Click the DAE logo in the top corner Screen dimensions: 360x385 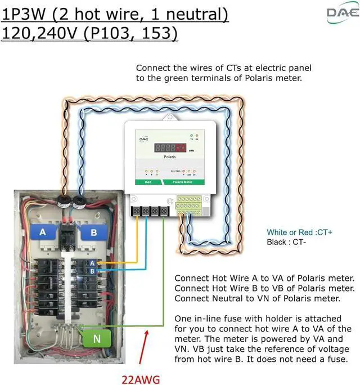click(340, 14)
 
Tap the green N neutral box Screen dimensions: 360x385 click(97, 339)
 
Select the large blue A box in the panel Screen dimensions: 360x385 click(42, 232)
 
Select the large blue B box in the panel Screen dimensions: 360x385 click(93, 232)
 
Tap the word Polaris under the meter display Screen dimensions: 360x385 click(170, 157)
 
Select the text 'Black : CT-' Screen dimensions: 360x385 click(286, 242)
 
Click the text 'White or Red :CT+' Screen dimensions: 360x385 click(300, 232)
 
